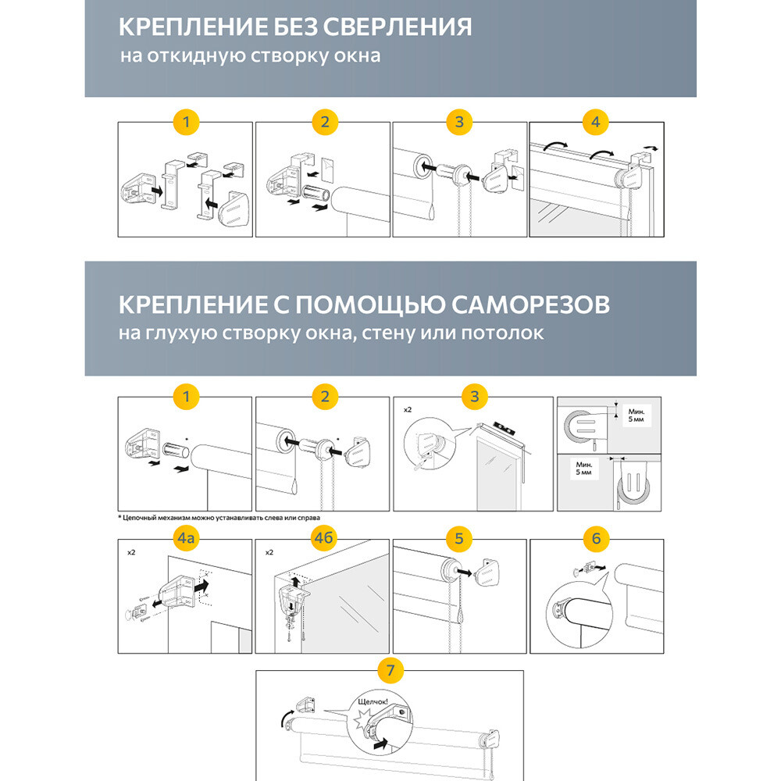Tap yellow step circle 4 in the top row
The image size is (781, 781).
596,122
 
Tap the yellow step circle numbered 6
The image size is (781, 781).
596,538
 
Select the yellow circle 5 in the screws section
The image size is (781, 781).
459,538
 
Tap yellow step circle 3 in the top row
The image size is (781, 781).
459,122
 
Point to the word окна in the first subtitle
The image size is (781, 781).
359,57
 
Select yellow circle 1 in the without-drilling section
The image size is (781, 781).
186,122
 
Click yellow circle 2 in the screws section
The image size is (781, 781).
323,396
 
